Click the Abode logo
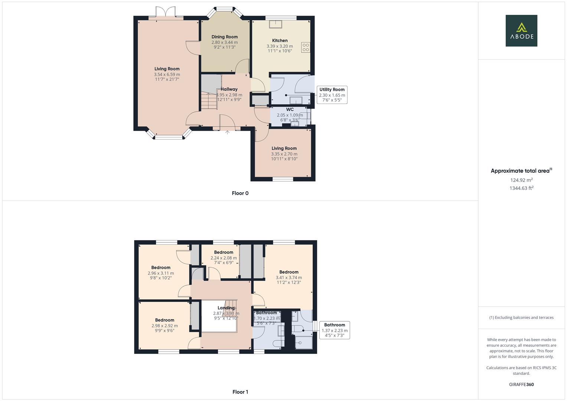coord(521,31)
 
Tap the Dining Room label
coord(224,37)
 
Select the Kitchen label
coord(280,40)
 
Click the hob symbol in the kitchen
coord(306,47)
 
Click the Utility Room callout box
coord(332,95)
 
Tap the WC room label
coord(290,110)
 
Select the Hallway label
coord(229,89)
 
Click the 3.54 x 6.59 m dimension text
coord(167,74)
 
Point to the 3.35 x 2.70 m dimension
coord(284,154)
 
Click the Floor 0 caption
coord(240,193)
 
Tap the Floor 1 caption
coord(240,392)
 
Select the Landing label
coord(226,308)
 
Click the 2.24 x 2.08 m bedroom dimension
coord(224,258)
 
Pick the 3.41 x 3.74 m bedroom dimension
coord(289,277)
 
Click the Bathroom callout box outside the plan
coord(334,330)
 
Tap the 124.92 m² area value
coord(521,180)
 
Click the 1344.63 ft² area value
coord(521,188)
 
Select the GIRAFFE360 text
coord(521,384)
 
